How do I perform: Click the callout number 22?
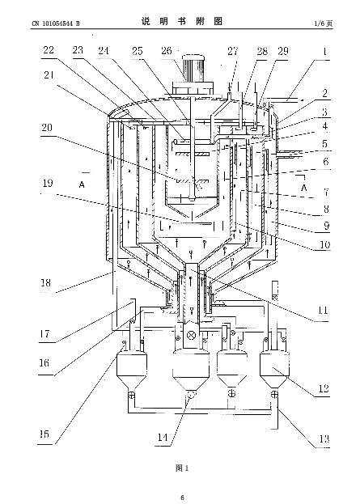pos(49,50)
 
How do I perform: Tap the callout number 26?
pos(167,51)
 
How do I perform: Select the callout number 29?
pos(283,51)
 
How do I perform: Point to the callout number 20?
pos(47,128)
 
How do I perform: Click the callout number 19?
pos(48,183)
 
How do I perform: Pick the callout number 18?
pos(45,283)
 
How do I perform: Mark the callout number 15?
pos(44,434)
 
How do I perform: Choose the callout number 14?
pos(163,437)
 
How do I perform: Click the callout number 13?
pos(324,438)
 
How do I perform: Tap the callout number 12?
pos(324,389)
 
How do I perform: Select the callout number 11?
pos(323,311)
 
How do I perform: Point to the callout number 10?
pos(324,245)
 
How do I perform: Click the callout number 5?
pos(325,143)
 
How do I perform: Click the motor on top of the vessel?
pos(193,68)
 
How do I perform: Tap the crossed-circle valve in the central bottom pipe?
pos(192,335)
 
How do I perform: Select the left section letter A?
pos(82,184)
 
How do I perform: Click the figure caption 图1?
pos(182,468)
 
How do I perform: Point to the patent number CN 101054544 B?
pos(56,23)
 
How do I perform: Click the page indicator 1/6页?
pos(324,23)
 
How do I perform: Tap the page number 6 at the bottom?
pos(183,498)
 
